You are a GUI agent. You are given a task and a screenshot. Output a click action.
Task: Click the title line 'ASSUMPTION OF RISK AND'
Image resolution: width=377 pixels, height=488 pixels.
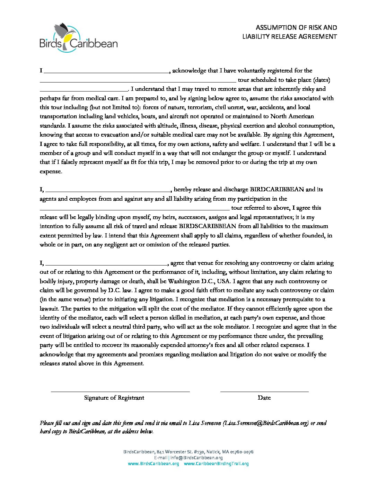click(x=296, y=27)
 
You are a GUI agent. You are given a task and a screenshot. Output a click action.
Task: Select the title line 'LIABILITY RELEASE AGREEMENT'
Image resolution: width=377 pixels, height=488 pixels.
click(x=289, y=36)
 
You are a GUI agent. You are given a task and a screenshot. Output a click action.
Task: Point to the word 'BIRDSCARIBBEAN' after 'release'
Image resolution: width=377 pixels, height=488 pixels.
click(x=208, y=226)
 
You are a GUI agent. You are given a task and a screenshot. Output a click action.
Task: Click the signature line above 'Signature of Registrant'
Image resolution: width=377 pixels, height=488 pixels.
click(x=120, y=392)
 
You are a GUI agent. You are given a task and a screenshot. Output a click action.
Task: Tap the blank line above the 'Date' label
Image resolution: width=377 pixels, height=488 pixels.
click(x=264, y=392)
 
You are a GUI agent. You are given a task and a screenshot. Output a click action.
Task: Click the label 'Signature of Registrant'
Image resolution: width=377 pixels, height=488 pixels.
click(x=114, y=398)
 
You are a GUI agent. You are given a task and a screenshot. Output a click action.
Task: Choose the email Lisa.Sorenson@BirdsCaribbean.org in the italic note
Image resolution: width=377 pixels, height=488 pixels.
click(x=266, y=423)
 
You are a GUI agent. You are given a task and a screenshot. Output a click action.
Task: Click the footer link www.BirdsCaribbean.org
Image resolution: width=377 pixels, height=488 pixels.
click(x=154, y=464)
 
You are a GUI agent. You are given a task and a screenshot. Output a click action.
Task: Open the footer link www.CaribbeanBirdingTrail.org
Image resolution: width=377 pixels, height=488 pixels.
click(x=216, y=464)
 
